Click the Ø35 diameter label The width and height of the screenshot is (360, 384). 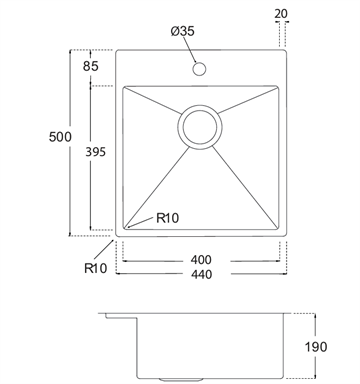(x=182, y=31)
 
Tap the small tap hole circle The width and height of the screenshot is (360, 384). (x=199, y=69)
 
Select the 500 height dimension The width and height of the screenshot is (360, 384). (x=60, y=137)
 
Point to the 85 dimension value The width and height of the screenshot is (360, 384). (x=91, y=66)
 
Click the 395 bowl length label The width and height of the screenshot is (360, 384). (x=95, y=152)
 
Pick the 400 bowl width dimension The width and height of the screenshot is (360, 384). (x=201, y=260)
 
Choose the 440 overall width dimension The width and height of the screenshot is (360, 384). (x=201, y=274)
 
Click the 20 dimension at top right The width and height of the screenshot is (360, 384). (x=281, y=14)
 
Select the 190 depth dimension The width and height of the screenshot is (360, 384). (x=316, y=347)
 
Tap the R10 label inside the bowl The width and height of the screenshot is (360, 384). (x=168, y=218)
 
